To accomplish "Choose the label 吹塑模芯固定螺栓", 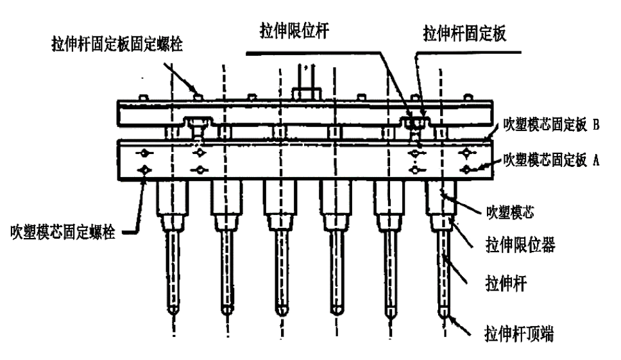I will [x=64, y=230].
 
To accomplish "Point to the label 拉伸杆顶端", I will [x=518, y=334].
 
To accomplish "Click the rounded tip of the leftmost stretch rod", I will [x=172, y=308].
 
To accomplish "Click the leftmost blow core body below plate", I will [x=171, y=200].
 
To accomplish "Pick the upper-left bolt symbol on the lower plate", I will [x=146, y=153].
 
